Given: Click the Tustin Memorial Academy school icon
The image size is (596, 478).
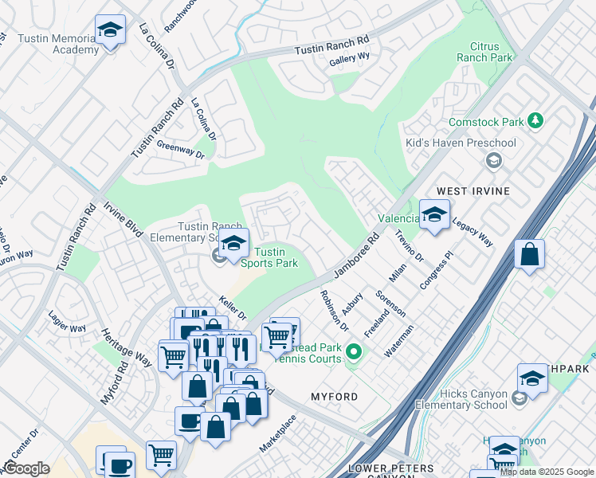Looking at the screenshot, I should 110,30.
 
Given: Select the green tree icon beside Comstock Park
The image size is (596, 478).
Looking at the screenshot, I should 536,121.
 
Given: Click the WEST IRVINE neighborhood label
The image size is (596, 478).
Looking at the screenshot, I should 473,192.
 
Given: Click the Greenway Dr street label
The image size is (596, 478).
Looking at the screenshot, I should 180,149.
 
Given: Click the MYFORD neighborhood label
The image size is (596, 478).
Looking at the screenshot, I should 334,396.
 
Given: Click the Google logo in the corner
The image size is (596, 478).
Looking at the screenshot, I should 26,468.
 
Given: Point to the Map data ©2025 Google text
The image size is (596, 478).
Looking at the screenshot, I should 547,472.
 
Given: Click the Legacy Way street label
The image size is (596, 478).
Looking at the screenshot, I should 472,231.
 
